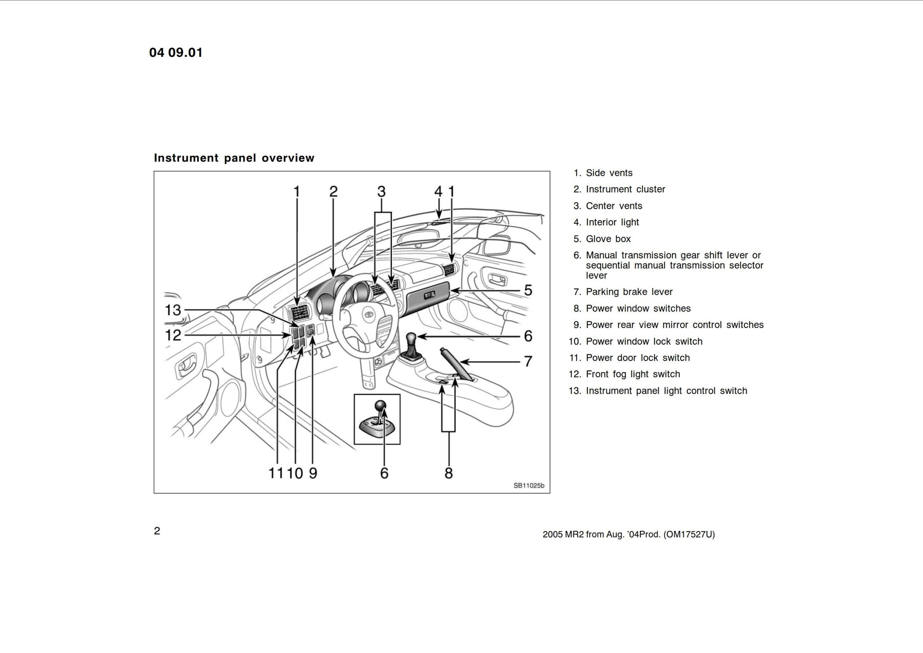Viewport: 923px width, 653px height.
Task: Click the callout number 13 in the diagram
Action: click(x=173, y=310)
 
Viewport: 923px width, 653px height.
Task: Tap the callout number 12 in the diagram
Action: click(x=173, y=335)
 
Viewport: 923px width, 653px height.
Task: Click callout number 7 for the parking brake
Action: click(x=528, y=361)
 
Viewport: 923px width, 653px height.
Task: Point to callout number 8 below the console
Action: click(x=449, y=473)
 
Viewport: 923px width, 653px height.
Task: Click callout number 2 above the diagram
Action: click(x=334, y=192)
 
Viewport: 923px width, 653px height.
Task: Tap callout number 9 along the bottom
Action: click(x=313, y=473)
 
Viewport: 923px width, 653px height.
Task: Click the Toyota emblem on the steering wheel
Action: click(x=368, y=315)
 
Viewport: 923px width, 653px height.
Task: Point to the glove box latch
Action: click(x=429, y=296)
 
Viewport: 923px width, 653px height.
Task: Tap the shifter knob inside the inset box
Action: click(x=380, y=405)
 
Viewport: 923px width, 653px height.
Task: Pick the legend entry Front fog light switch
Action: click(x=633, y=374)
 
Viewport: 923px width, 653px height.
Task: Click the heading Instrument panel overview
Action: click(x=234, y=158)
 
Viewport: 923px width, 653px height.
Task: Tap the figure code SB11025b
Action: click(x=529, y=486)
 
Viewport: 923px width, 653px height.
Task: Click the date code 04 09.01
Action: click(x=176, y=53)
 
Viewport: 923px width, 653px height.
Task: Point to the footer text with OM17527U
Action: click(x=628, y=534)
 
